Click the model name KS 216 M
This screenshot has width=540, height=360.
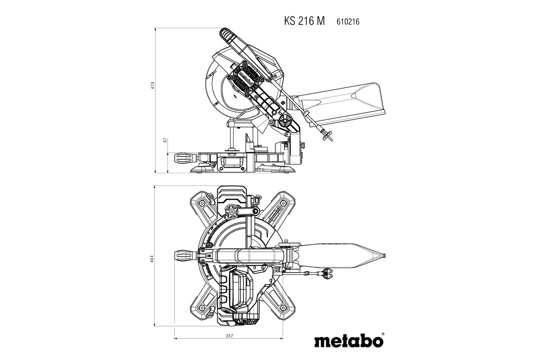304,21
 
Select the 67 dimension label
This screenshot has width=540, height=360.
166,140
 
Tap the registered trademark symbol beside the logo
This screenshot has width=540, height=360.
383,334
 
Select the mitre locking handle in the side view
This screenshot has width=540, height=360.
184,158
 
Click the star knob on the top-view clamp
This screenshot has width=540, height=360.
232,211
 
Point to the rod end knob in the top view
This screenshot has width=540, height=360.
325,273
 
